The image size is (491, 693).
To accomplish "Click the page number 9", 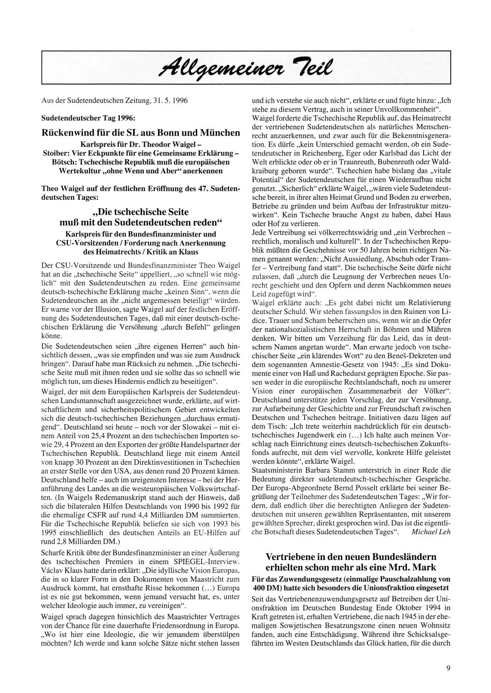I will coord(448,667).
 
